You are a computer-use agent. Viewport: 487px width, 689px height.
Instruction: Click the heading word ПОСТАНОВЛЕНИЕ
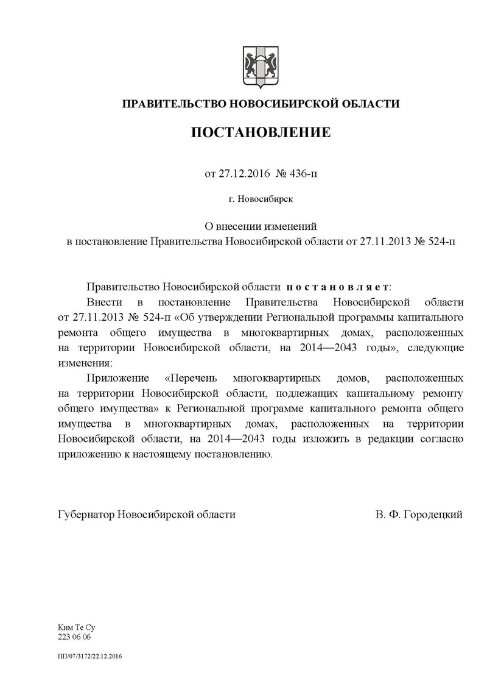[261, 132]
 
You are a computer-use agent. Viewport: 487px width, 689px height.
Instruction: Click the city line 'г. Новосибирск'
[261, 199]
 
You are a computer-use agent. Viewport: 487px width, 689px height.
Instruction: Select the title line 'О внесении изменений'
[261, 226]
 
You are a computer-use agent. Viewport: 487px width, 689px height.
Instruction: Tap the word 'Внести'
[105, 302]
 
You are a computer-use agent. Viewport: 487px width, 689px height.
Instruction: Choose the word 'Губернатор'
[86, 514]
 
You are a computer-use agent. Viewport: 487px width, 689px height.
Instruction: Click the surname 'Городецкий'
[432, 514]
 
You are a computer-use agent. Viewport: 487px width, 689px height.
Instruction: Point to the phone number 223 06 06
[73, 636]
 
